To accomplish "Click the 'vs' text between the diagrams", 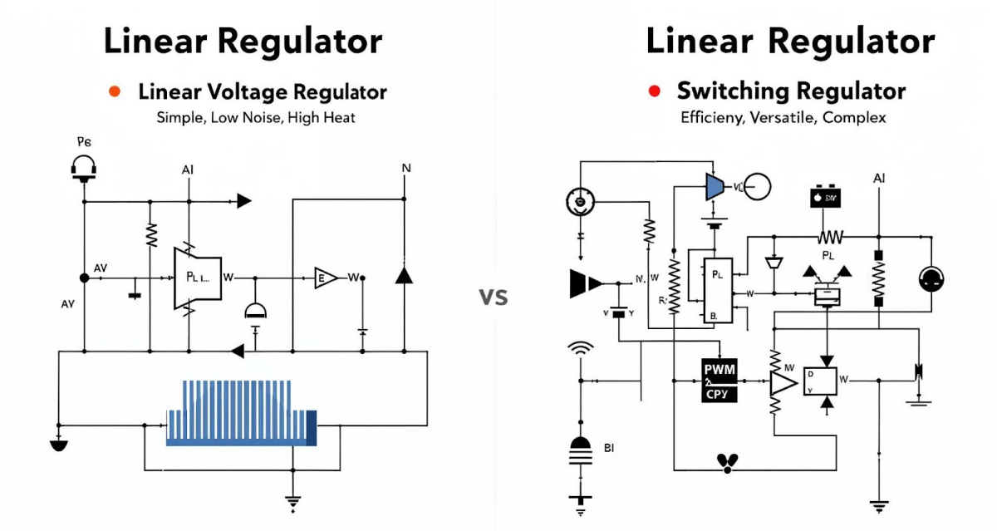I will (494, 296).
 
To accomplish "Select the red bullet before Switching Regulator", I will (655, 91).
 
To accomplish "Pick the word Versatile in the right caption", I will (783, 117).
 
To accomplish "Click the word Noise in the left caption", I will (263, 117).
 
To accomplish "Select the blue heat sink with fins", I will (241, 412).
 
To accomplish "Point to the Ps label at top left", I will (84, 143).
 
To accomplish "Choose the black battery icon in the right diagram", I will (826, 197).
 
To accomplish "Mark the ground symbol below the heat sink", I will (292, 502).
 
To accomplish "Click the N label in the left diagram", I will (405, 168).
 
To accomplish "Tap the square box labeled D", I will (820, 381).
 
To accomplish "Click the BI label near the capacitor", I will (609, 448).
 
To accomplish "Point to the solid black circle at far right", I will (930, 279).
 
